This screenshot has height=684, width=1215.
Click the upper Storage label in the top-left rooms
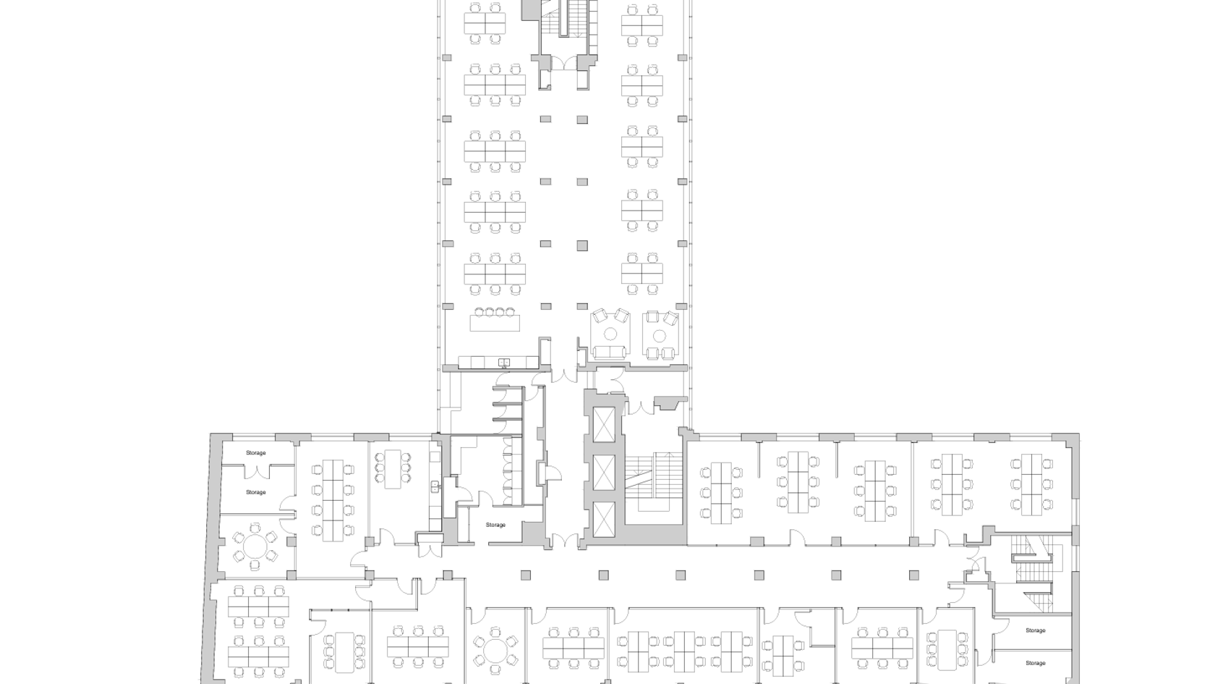pos(255,453)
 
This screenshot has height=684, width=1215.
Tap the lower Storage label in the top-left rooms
pos(255,492)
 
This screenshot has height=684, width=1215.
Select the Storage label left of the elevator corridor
pos(495,525)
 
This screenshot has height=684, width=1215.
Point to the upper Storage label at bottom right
pos(1035,631)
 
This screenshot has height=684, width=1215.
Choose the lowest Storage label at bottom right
pos(1035,663)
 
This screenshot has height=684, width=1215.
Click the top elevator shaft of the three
pos(604,425)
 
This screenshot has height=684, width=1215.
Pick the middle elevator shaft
pos(604,472)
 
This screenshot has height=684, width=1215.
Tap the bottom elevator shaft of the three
pos(604,520)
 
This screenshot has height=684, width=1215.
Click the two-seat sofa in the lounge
pos(610,352)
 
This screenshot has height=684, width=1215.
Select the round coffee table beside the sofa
pos(611,333)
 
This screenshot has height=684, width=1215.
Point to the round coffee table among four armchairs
pos(659,336)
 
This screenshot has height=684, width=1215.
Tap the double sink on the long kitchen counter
pos(505,363)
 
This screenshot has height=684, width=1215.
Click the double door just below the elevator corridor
pos(565,541)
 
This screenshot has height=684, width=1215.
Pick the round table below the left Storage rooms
pos(255,546)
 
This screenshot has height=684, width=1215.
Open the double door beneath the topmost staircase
pos(565,64)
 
